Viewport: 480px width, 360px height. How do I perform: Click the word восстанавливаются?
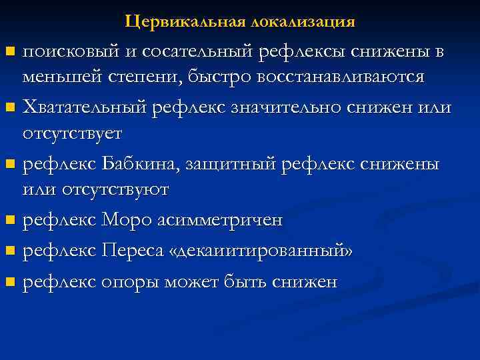pyautogui.click(x=345, y=76)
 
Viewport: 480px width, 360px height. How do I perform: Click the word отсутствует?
pyautogui.click(x=72, y=133)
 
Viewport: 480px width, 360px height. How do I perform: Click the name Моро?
pyautogui.click(x=120, y=219)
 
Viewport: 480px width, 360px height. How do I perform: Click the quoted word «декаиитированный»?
pyautogui.click(x=262, y=251)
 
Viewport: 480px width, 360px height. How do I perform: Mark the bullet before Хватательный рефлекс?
pyautogui.click(x=9, y=107)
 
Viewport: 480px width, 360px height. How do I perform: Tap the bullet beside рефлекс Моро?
pyautogui.click(x=9, y=220)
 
